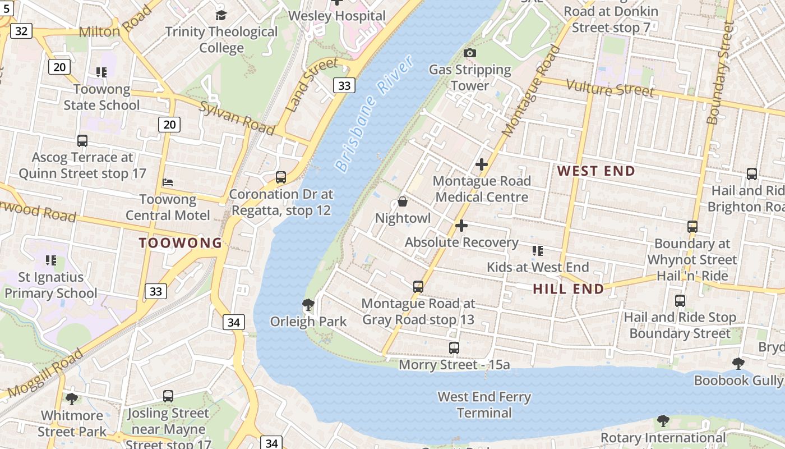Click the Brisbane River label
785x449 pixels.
coord(374,113)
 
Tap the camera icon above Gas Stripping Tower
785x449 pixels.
coord(470,53)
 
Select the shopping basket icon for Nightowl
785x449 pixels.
coord(403,201)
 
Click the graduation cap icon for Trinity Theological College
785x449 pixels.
coord(221,15)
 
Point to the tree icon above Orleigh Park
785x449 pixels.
coord(308,305)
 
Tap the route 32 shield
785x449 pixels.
coord(21,30)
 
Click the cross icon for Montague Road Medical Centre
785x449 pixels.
coord(482,164)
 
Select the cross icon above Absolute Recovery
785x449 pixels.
coord(461,226)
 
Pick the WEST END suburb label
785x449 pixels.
coord(596,171)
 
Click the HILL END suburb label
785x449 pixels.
coord(569,289)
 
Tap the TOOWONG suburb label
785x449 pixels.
coord(181,243)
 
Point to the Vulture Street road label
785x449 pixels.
coord(610,88)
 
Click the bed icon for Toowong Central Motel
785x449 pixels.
coord(168,182)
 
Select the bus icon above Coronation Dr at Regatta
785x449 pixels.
coord(281,177)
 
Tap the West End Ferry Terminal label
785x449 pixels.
coord(484,405)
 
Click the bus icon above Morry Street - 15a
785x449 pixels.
coord(454,348)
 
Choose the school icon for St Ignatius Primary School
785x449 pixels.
coord(51,260)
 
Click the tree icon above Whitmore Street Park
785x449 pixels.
coord(71,398)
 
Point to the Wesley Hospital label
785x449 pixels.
coord(337,16)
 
